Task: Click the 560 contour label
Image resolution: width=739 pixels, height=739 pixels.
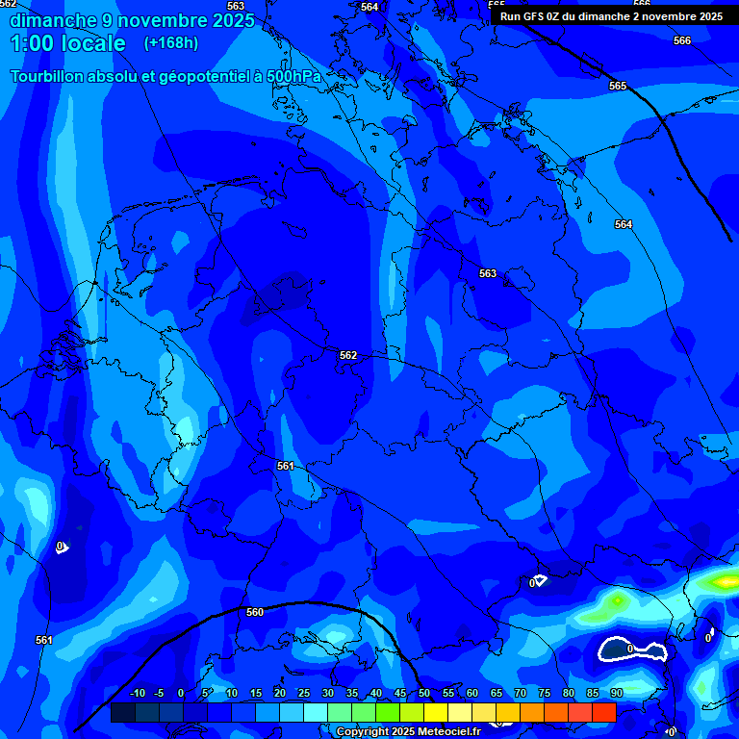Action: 255,612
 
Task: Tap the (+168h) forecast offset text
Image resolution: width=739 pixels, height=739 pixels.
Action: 171,43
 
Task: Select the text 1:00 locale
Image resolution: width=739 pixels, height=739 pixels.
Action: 67,43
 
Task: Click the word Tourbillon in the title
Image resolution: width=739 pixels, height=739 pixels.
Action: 49,76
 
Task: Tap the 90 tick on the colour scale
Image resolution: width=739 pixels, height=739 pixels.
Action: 616,693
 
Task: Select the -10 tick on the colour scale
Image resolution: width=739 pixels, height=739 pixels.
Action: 136,693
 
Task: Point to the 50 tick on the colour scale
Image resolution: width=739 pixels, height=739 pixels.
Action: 424,693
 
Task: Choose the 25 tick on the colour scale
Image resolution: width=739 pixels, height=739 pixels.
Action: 304,693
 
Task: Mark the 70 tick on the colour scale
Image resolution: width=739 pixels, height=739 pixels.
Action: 521,693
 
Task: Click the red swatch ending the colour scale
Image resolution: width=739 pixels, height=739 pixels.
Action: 603,712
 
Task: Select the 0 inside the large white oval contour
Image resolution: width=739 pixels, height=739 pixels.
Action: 630,650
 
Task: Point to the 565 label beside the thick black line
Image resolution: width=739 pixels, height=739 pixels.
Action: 618,86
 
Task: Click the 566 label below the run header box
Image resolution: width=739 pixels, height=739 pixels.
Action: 682,40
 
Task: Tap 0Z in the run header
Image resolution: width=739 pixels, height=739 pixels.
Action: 555,16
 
